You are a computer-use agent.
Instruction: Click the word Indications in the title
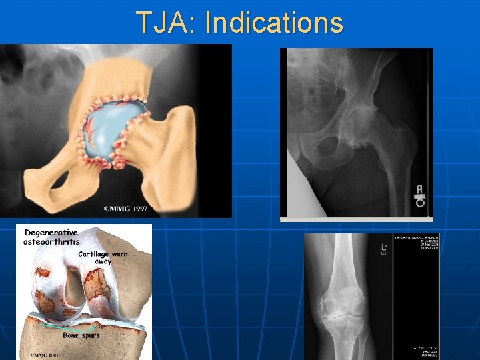[273, 23]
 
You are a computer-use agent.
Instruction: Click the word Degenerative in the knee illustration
[51, 233]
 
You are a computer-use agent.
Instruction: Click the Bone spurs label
[81, 335]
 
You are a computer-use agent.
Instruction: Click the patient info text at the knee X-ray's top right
[413, 247]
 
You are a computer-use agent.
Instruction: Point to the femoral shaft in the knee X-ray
[347, 260]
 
